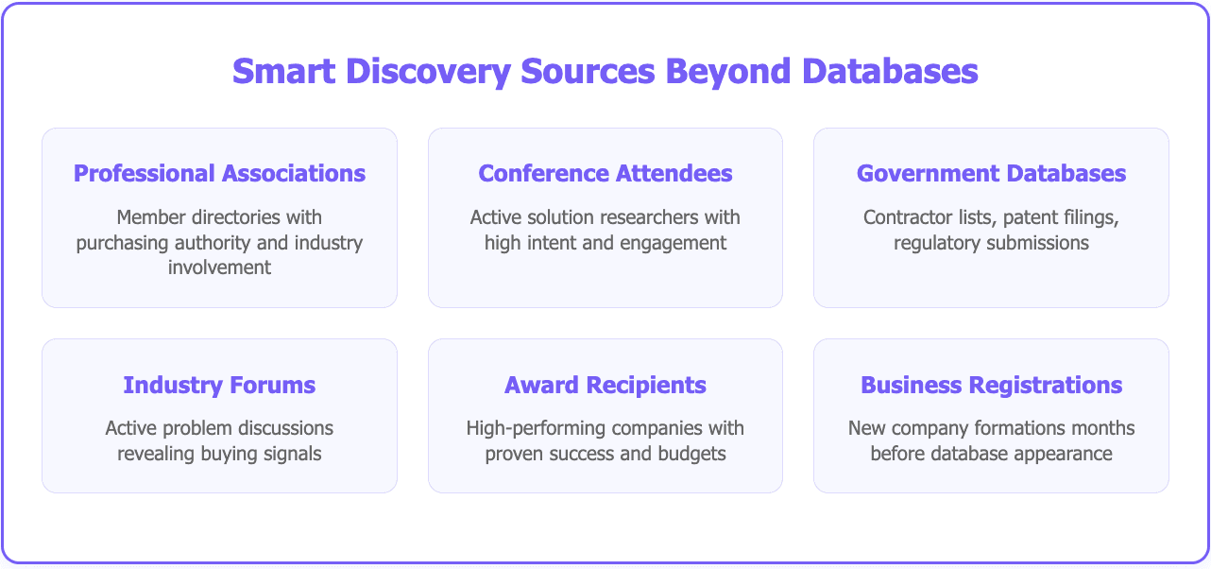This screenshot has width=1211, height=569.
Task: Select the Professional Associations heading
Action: tap(219, 174)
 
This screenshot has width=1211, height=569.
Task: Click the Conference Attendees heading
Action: tap(605, 174)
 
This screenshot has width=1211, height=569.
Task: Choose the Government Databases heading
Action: tap(991, 174)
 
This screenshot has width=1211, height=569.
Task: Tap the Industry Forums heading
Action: tap(219, 386)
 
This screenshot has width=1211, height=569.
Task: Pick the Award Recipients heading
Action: tap(605, 386)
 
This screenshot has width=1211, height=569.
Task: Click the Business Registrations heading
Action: tap(991, 386)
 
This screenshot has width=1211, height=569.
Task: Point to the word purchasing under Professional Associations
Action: tap(122, 243)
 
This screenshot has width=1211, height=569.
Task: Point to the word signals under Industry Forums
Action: tap(289, 454)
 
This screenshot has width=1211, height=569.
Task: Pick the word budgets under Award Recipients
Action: tap(692, 454)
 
